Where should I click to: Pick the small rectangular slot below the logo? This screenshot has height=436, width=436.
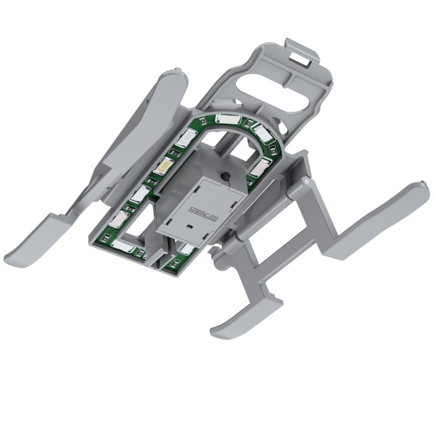pyautogui.click(x=190, y=225)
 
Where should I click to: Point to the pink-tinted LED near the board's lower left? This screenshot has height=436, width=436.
pyautogui.click(x=119, y=219)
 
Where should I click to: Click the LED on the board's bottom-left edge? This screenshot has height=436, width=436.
pyautogui.click(x=121, y=246)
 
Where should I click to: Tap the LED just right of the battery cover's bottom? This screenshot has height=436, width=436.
pyautogui.click(x=186, y=249)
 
